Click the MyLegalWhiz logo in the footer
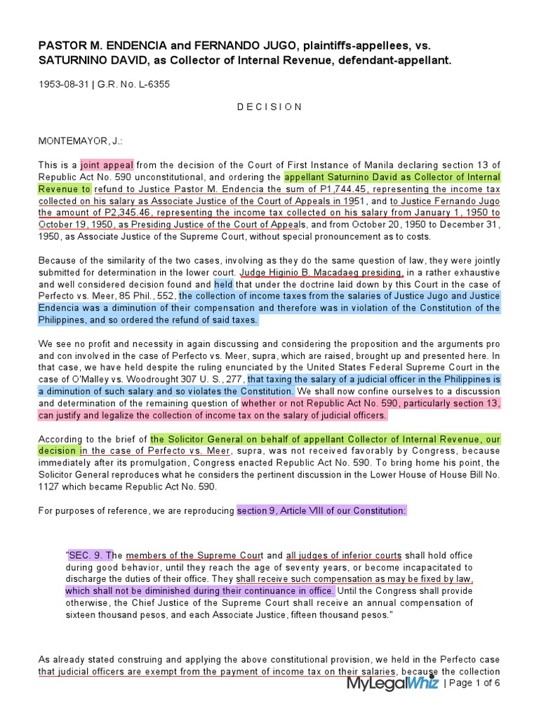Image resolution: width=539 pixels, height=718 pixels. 392,683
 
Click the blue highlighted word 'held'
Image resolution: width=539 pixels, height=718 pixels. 223,284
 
